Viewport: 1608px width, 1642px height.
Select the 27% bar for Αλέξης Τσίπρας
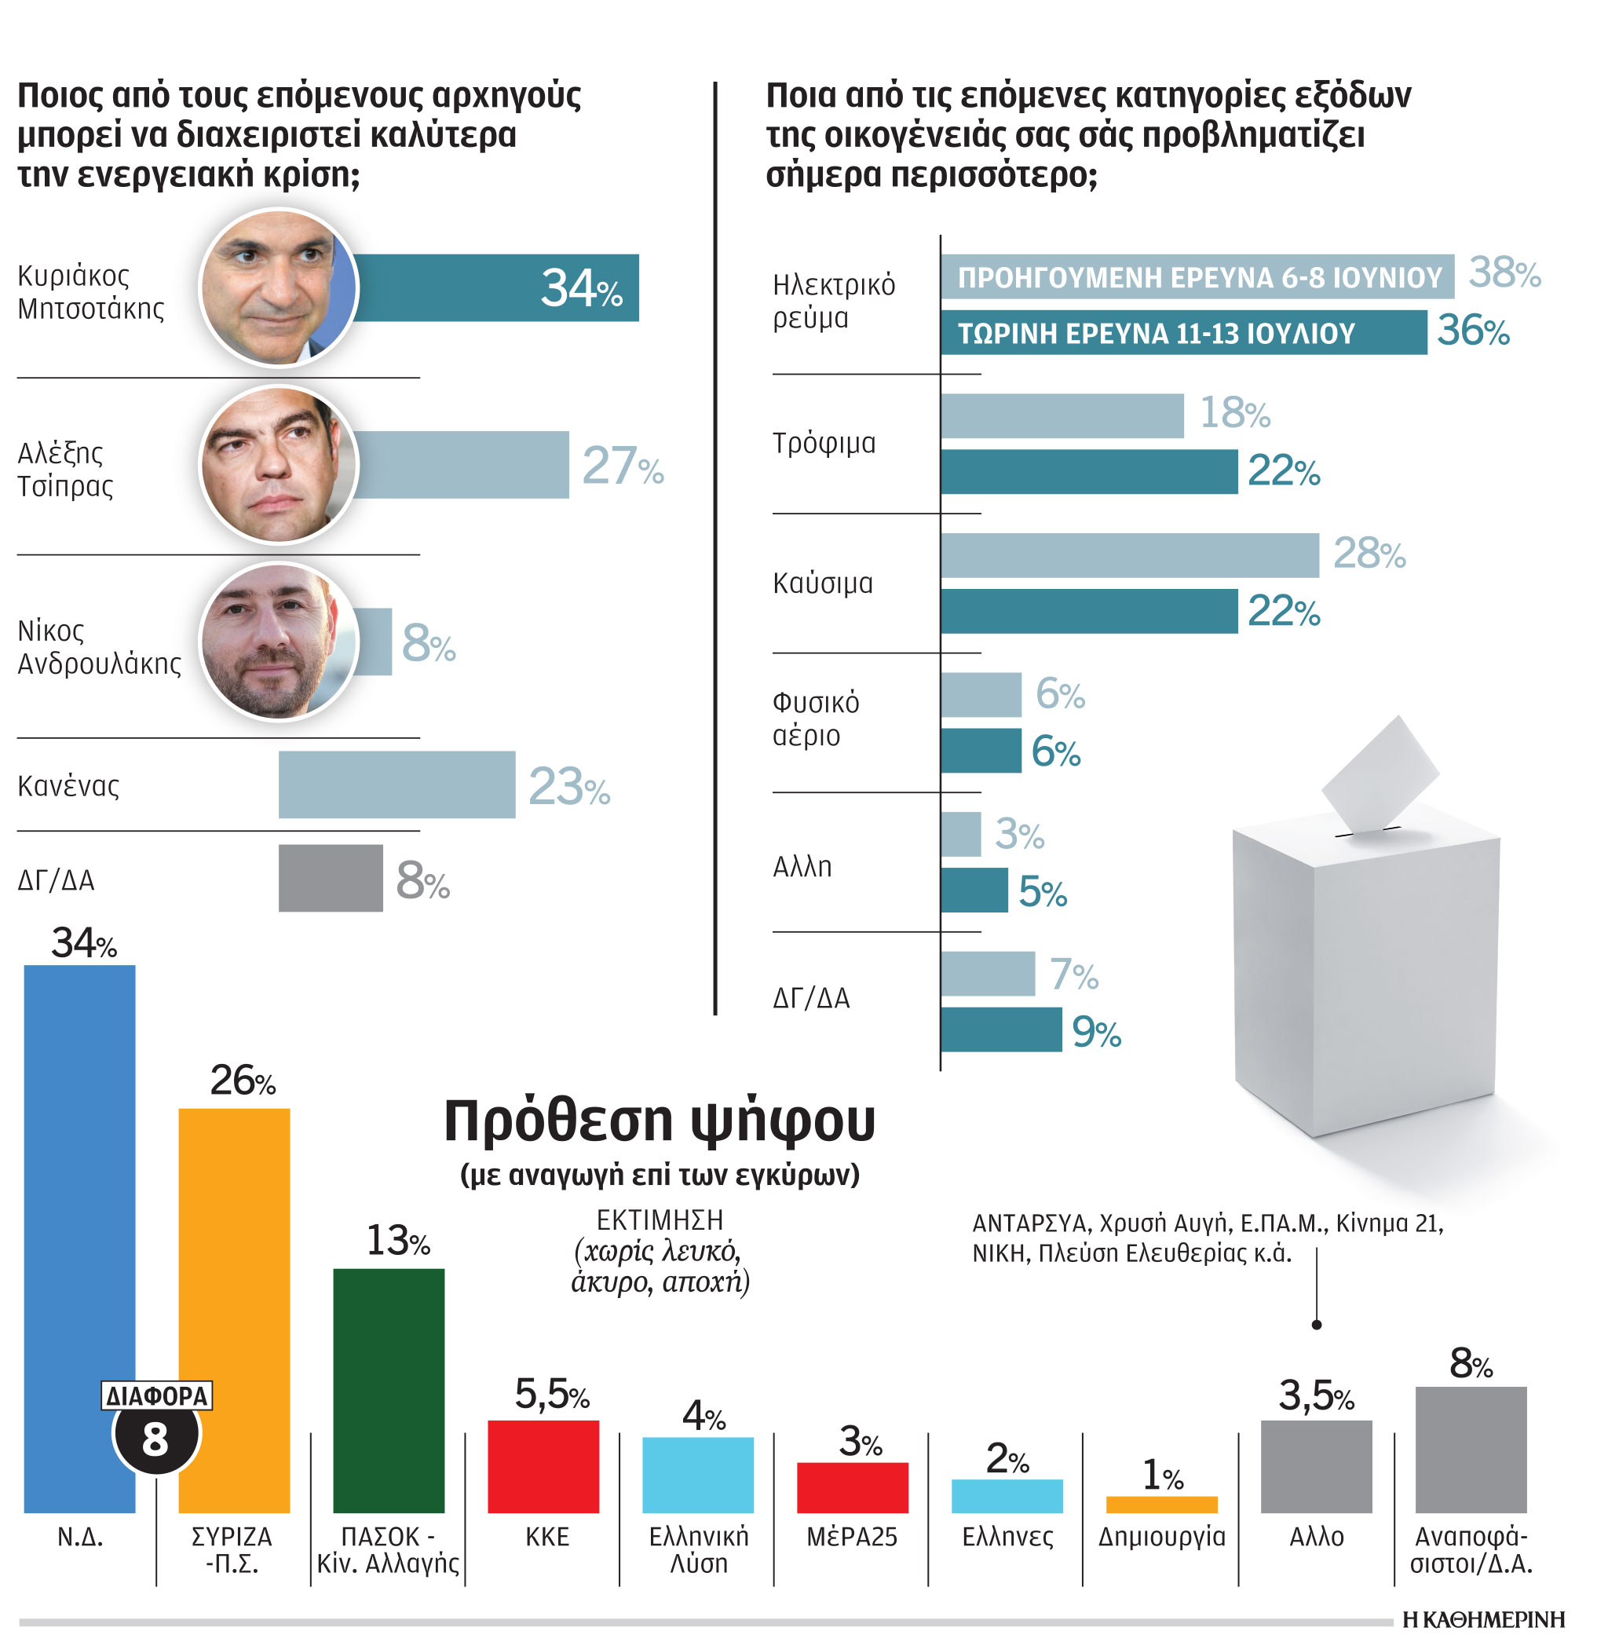click(x=461, y=465)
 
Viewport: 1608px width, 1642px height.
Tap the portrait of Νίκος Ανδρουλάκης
click(x=279, y=642)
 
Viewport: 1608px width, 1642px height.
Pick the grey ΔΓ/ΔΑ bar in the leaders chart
click(x=331, y=878)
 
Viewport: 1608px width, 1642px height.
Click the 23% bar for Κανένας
click(x=397, y=784)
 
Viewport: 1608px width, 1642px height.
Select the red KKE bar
click(x=543, y=1466)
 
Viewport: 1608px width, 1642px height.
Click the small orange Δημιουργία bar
click(x=1161, y=1505)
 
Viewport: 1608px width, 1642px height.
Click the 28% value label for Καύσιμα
click(x=1369, y=554)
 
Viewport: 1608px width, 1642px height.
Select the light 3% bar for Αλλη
click(x=961, y=835)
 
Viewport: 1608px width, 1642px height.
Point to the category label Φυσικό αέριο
click(x=816, y=719)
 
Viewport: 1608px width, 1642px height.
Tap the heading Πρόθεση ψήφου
click(x=660, y=1121)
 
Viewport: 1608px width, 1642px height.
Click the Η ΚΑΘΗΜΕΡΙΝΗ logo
click(x=1483, y=1619)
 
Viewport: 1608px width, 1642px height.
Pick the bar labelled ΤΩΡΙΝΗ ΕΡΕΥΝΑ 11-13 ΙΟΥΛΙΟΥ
click(x=1183, y=333)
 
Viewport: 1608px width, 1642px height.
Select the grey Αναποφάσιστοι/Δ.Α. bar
click(x=1471, y=1450)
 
